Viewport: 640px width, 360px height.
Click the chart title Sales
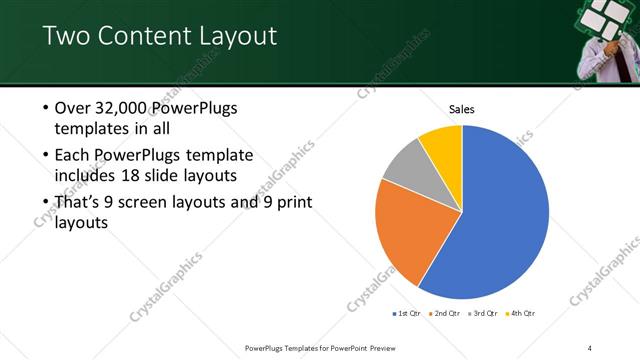point(461,109)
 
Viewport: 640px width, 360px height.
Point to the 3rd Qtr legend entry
point(481,313)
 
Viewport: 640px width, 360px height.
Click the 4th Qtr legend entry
point(520,313)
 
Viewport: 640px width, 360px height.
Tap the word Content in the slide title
point(136,37)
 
